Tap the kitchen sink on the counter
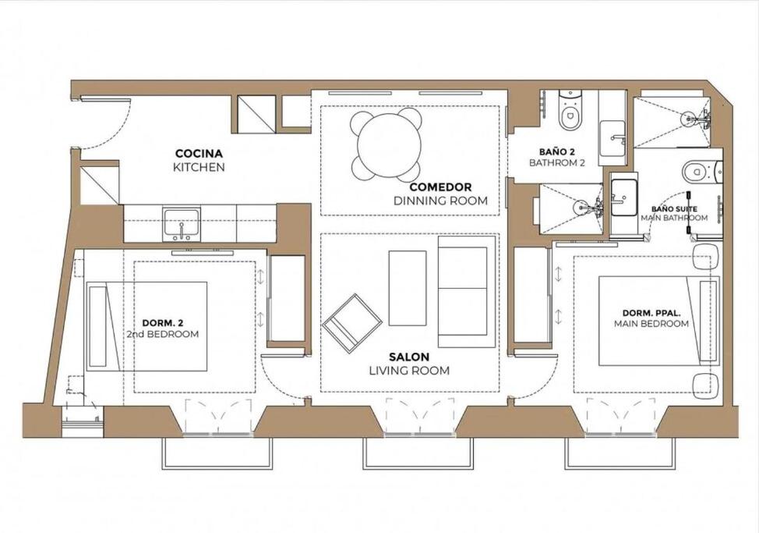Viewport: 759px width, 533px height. [182, 224]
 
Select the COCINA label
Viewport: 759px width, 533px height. [199, 154]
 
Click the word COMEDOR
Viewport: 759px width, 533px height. [440, 187]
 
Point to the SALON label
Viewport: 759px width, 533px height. [409, 357]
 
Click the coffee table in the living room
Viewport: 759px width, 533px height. [408, 288]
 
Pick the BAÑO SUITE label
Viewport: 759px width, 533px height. [674, 209]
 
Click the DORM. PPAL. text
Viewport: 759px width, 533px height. [651, 313]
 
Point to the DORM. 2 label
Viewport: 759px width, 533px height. [163, 323]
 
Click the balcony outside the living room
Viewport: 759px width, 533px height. [417, 453]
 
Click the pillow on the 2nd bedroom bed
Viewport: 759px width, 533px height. [97, 326]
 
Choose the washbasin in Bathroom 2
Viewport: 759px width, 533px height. [612, 139]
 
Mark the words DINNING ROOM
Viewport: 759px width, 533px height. [440, 201]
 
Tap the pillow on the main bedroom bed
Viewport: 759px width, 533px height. [708, 320]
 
